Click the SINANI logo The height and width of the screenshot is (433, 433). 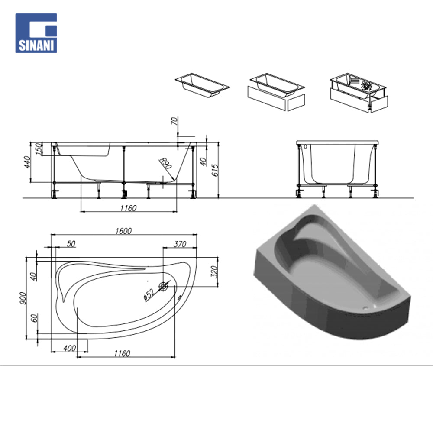(36, 33)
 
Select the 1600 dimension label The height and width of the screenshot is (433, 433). (123, 231)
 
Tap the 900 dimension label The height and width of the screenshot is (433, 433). (23, 298)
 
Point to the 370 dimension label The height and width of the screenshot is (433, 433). (180, 244)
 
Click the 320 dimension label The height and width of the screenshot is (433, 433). (214, 272)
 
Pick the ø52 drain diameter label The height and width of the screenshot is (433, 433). (149, 294)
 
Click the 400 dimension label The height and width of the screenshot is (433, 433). (69, 348)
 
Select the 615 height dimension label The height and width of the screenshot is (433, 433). (215, 170)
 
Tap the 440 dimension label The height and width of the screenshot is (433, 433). (27, 162)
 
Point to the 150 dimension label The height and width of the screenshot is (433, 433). (39, 149)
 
